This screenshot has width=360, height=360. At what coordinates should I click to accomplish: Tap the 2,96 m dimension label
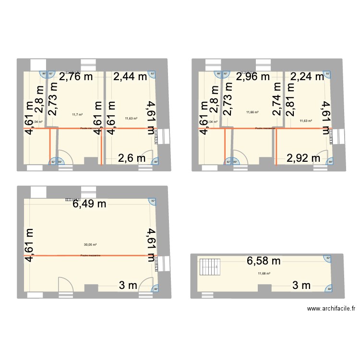254,76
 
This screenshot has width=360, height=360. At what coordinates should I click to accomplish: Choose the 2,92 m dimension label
303,157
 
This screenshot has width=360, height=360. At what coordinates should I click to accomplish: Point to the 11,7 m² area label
77,114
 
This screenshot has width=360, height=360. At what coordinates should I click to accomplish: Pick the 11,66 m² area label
252,112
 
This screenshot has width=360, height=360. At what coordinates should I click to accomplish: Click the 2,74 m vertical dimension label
277,99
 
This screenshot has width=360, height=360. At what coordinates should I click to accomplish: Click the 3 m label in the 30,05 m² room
128,286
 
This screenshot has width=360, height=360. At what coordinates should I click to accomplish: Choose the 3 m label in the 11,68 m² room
301,286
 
